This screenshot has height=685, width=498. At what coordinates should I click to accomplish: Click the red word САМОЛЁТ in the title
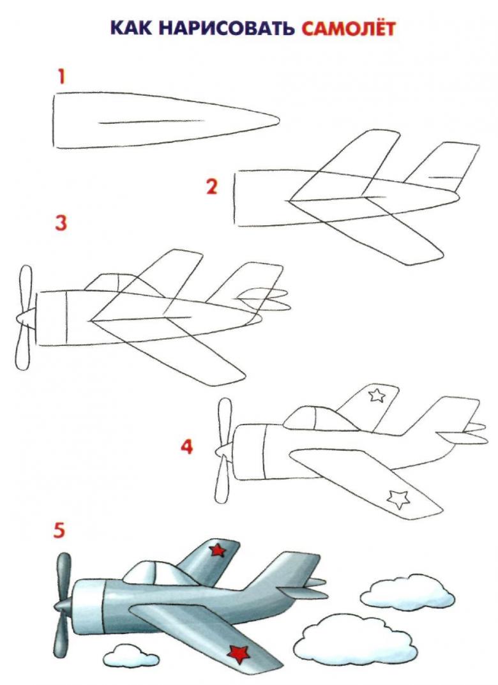(348, 28)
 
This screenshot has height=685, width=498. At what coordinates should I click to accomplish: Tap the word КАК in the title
(131, 29)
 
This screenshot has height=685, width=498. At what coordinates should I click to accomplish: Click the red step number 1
(61, 77)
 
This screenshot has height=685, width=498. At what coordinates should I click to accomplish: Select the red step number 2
(211, 187)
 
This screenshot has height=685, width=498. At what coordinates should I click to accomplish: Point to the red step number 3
(61, 223)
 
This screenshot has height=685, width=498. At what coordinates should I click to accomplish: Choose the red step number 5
(59, 531)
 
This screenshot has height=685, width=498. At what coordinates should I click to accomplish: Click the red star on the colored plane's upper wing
(217, 550)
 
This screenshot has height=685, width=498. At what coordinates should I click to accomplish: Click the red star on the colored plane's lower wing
(238, 654)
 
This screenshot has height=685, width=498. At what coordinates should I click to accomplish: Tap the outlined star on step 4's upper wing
(377, 395)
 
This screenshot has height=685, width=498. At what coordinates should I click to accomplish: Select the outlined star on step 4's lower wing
(398, 499)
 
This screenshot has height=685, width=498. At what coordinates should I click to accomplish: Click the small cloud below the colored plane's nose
(131, 655)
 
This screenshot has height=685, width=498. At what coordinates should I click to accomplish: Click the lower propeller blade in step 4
(223, 479)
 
